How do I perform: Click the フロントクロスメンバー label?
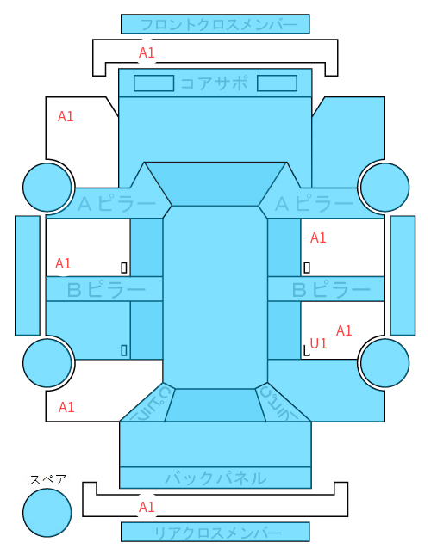(218, 25)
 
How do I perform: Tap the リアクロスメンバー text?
(218, 533)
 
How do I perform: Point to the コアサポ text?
(214, 83)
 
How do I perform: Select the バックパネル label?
(215, 478)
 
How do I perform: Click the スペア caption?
(47, 480)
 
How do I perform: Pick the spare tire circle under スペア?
(47, 513)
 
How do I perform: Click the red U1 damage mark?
(318, 343)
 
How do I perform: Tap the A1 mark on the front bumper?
(147, 52)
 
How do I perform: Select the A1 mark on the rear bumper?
(147, 507)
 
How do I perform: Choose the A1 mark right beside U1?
(344, 330)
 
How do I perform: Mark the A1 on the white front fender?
(66, 116)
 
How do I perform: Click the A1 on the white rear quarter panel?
(66, 407)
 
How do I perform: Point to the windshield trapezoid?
(215, 183)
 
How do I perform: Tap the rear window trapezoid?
(215, 405)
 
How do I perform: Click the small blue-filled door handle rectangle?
(124, 350)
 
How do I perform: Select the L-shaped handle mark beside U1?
(306, 351)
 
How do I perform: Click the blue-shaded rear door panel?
(88, 330)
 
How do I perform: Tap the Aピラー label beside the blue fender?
(314, 204)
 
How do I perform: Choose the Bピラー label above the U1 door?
(331, 289)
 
